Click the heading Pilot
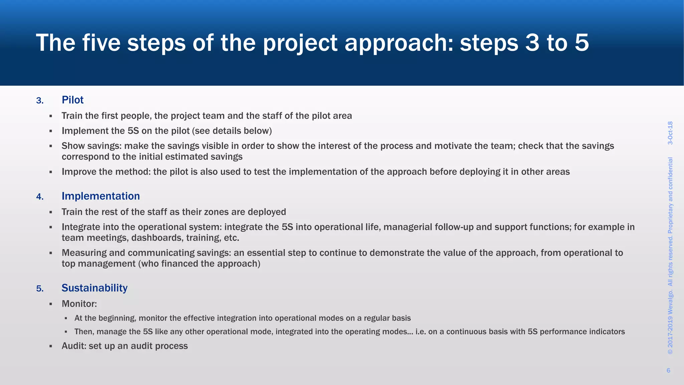[x=72, y=100]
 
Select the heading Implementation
[x=101, y=196]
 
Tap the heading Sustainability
[x=95, y=288]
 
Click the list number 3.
[x=40, y=101]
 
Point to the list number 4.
[x=40, y=197]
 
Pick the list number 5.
[x=40, y=289]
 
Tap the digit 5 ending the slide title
[x=581, y=43]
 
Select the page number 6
[x=668, y=370]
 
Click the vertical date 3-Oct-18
[x=670, y=133]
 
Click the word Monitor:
[x=79, y=304]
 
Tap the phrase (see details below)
[x=232, y=131]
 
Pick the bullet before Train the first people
[x=51, y=116]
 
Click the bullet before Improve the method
[x=51, y=172]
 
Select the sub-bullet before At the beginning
[x=66, y=318]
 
